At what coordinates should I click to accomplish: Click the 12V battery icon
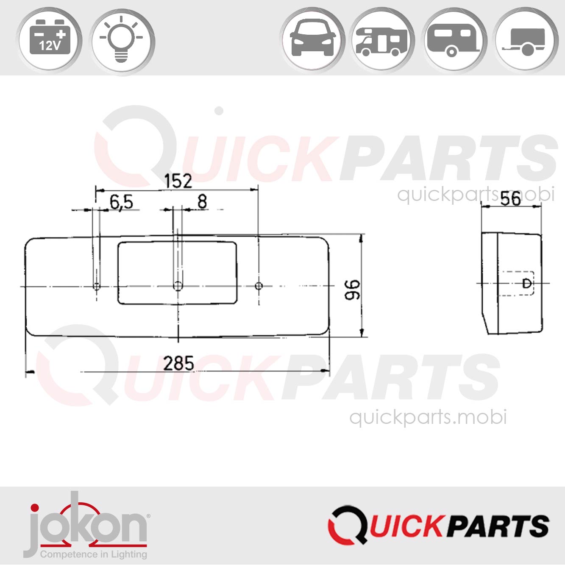point(49,40)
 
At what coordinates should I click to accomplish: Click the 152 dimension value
point(178,181)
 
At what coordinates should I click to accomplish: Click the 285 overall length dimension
point(178,364)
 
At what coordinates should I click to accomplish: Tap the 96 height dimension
point(353,290)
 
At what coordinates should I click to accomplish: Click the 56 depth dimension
point(510,198)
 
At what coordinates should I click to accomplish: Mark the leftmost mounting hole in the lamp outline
point(97,286)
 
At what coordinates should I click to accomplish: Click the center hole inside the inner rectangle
point(178,286)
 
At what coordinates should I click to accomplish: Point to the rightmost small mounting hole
point(259,286)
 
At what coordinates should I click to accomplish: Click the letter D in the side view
point(526,284)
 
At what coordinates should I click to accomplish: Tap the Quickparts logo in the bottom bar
point(438,526)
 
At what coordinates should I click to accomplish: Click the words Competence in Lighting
point(93,554)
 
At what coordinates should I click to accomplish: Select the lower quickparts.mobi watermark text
point(428,417)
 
